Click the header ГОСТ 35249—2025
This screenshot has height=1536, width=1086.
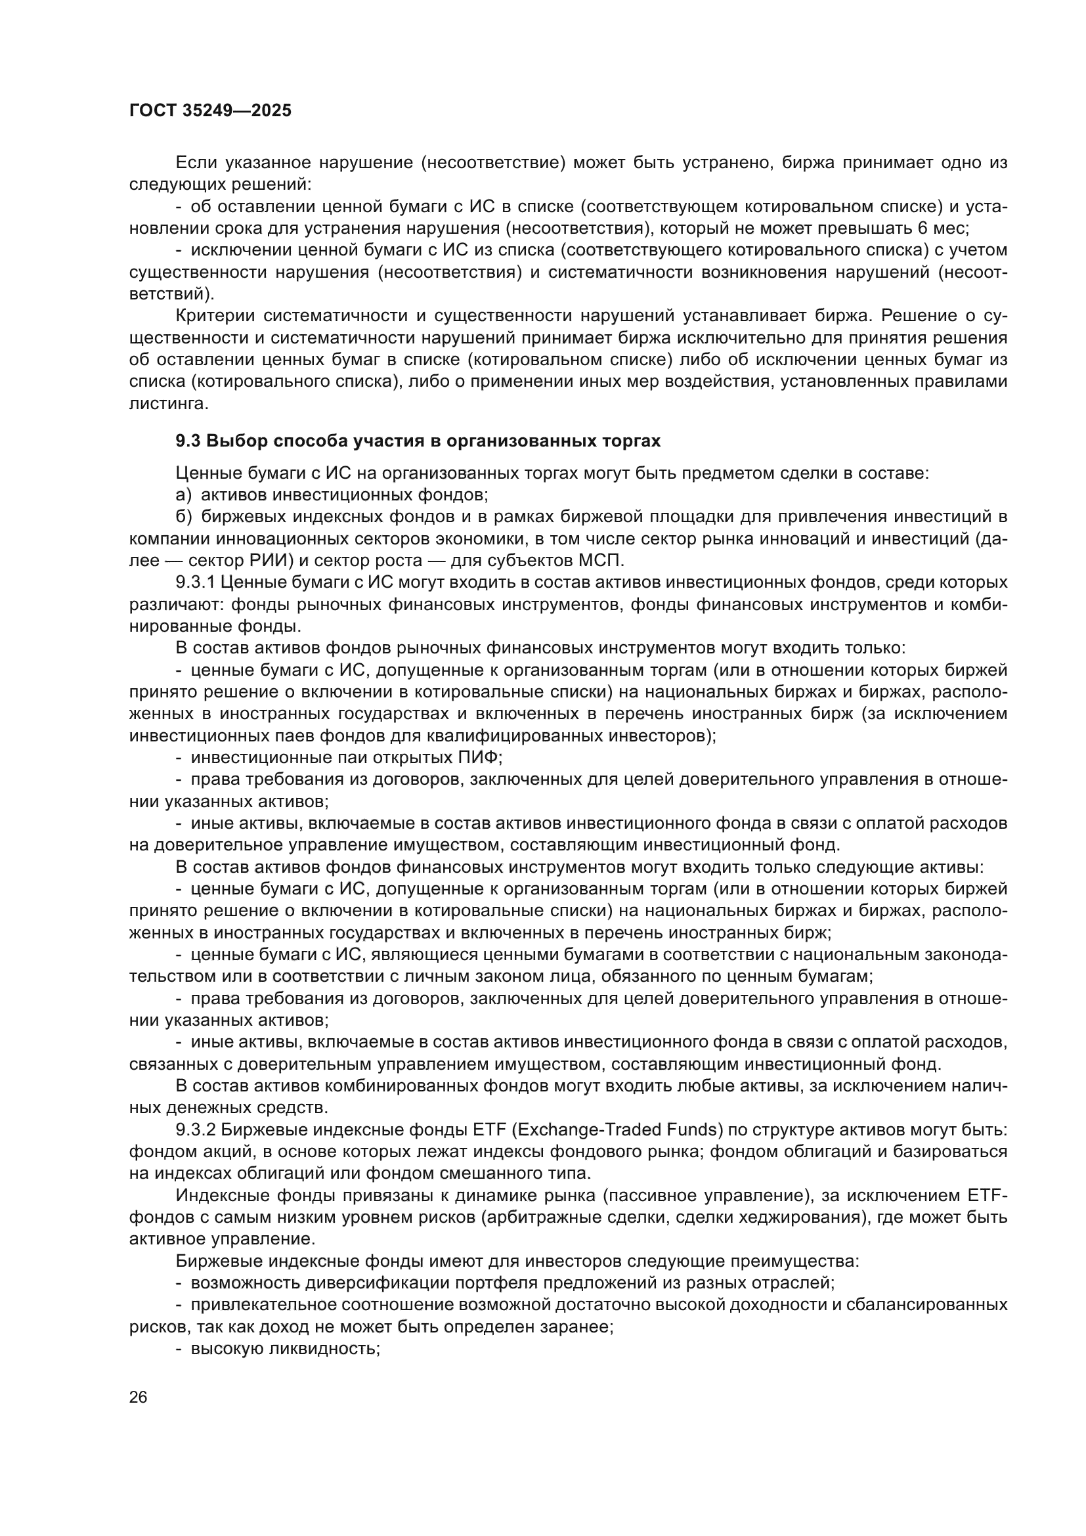tap(210, 111)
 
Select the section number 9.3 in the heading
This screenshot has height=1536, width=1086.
tap(188, 441)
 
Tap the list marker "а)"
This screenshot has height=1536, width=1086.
tap(184, 495)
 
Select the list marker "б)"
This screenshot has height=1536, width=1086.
tap(184, 517)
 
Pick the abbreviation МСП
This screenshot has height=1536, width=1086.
tap(603, 561)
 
